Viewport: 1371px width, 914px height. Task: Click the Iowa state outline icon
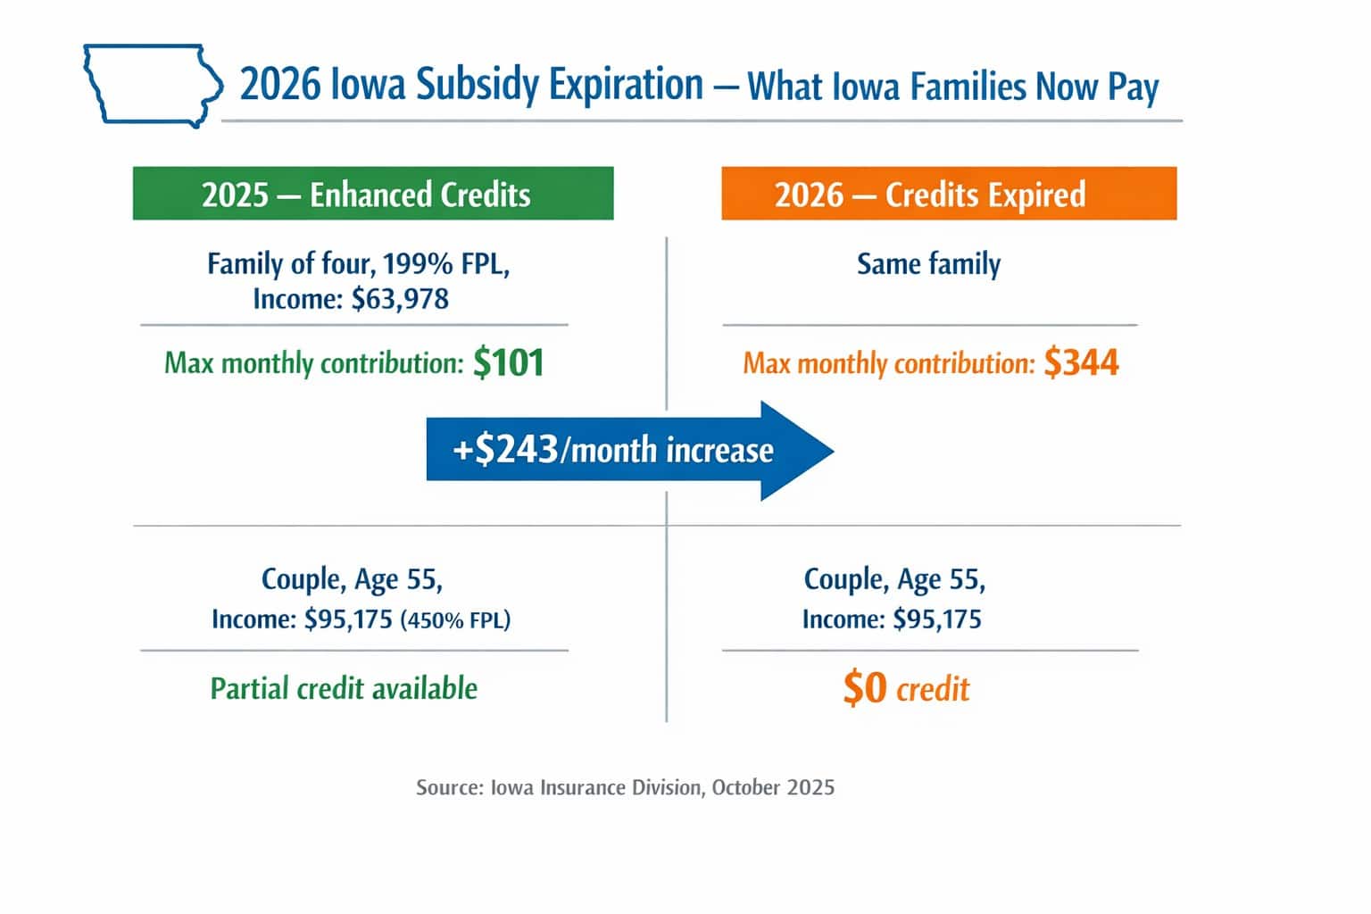coord(152,86)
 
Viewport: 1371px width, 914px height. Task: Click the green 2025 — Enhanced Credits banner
coord(373,194)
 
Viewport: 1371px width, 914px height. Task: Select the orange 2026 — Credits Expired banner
coord(948,194)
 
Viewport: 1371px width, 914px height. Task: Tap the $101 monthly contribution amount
coord(508,362)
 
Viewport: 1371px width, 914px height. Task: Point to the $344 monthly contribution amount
coord(1081,362)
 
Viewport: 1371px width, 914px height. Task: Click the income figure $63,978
coord(400,298)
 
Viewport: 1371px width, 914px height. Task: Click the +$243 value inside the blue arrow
coord(505,450)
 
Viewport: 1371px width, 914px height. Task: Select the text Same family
coord(928,264)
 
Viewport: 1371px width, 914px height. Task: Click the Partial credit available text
coord(344,688)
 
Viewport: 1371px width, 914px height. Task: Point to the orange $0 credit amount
coord(864,688)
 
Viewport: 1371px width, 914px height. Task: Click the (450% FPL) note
coord(455,619)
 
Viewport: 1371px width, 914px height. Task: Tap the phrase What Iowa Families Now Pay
coord(952,87)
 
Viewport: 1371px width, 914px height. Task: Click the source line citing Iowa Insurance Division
coord(625,787)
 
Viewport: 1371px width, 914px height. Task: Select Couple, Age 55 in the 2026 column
coord(894,579)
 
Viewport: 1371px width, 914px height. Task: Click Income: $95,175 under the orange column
coord(892,619)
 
